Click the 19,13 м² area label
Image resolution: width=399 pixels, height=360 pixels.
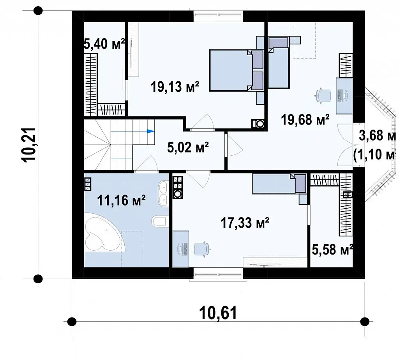click(x=175, y=86)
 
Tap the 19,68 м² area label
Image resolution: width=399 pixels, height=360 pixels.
click(x=305, y=119)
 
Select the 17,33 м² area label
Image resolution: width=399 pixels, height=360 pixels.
click(x=245, y=223)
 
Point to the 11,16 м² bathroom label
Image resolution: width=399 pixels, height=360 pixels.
click(x=122, y=200)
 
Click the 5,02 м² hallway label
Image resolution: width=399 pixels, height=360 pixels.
click(x=188, y=147)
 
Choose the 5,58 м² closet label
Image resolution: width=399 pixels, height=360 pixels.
click(x=332, y=249)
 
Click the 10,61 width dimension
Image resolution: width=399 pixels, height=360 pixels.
click(x=218, y=313)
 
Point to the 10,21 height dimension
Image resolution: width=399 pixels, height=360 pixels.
click(x=29, y=144)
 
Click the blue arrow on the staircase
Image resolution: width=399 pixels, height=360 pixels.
click(x=151, y=132)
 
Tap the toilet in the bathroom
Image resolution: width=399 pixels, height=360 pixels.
click(x=160, y=221)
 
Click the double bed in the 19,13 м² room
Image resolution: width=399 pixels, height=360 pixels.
click(x=236, y=70)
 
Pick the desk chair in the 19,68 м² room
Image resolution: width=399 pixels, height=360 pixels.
click(x=323, y=97)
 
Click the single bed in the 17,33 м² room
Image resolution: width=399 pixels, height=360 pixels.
click(x=279, y=184)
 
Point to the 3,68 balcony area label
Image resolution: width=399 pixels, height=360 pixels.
click(x=377, y=135)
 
